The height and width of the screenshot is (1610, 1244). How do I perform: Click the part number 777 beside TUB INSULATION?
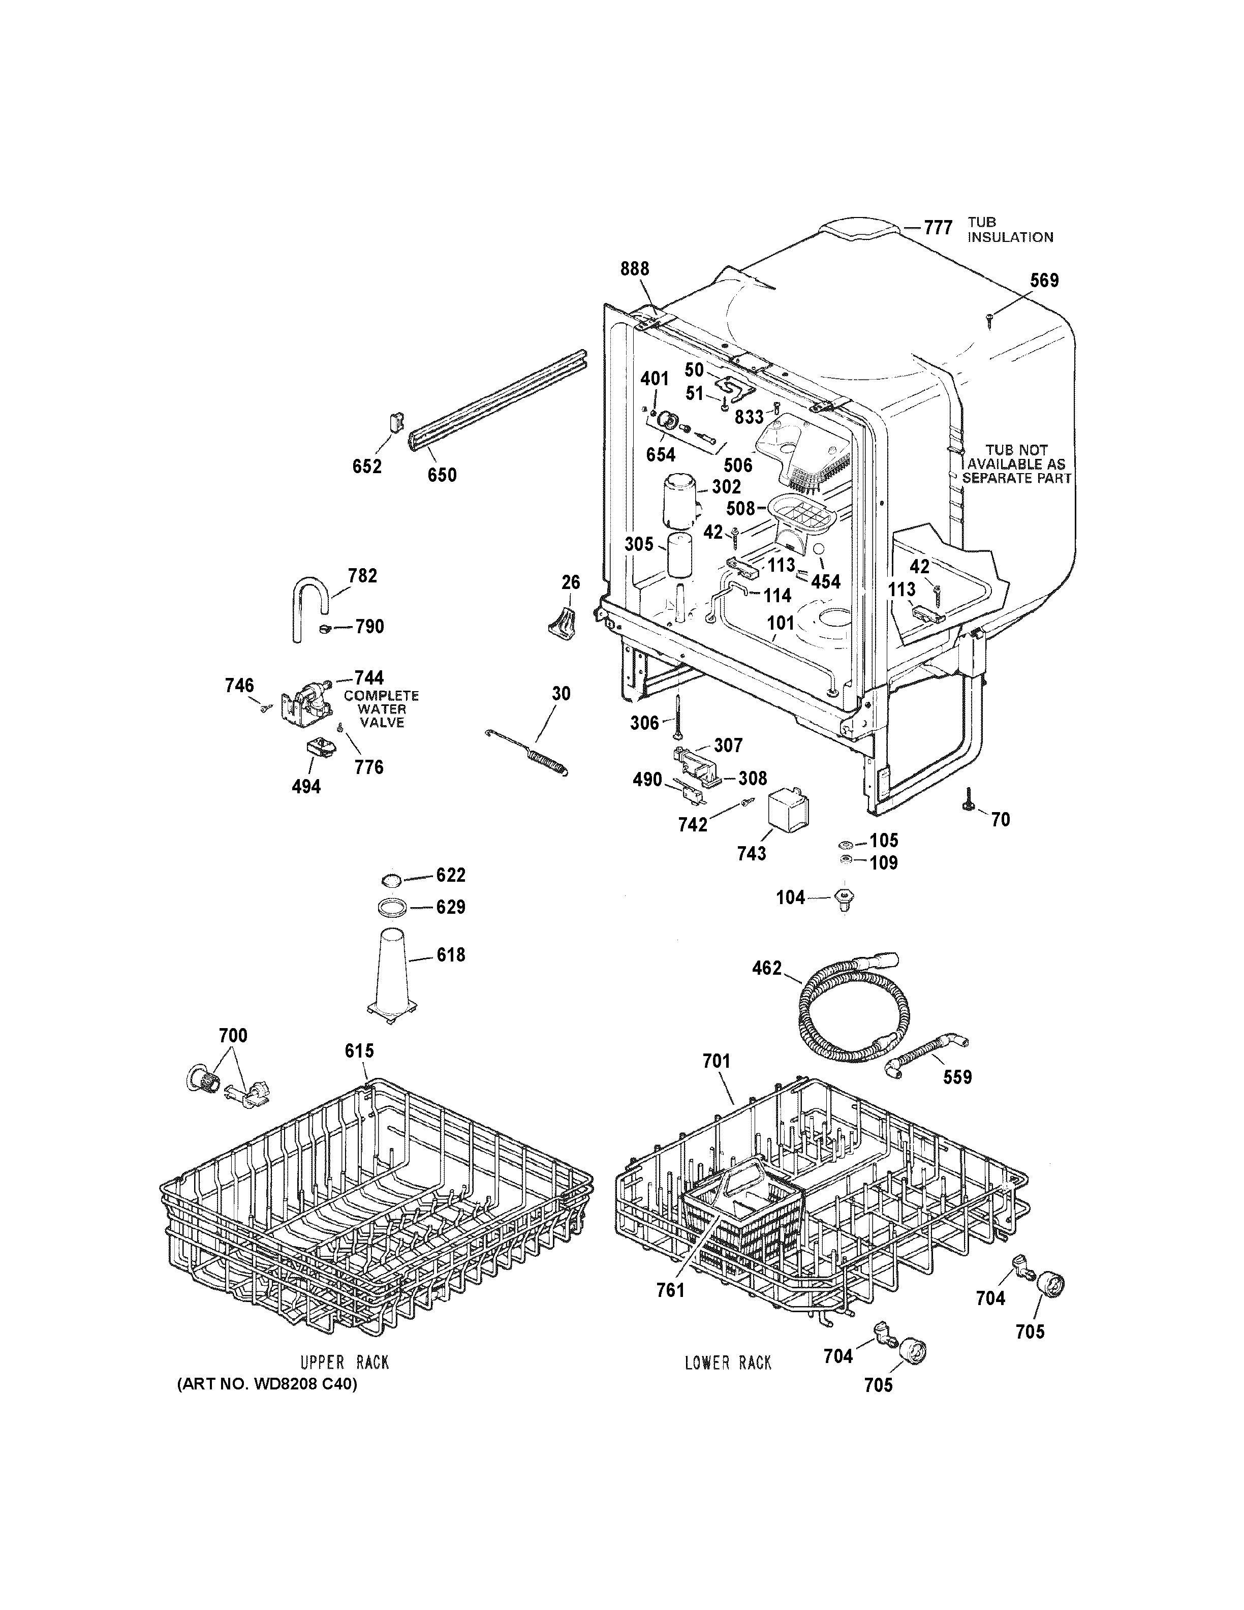click(938, 227)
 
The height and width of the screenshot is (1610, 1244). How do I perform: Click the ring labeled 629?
click(393, 907)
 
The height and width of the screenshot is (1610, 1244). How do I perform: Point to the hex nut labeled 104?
click(845, 900)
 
